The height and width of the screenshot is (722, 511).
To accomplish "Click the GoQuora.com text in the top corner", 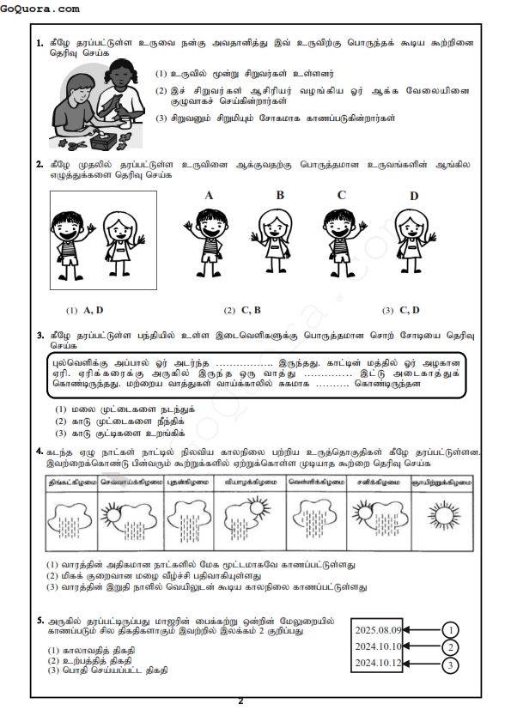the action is (40, 9).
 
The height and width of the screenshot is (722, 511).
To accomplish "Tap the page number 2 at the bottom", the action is (240, 701).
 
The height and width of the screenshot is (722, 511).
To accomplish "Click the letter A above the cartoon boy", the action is (209, 195).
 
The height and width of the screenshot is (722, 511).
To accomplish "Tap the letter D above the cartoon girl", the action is (413, 196).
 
